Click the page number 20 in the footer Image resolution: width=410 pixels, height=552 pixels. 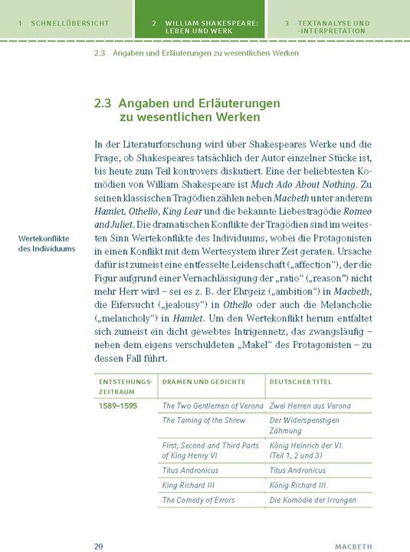[98, 546]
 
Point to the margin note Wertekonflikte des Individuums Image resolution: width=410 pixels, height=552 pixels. [47, 244]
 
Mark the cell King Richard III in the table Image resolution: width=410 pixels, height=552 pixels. [188, 485]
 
